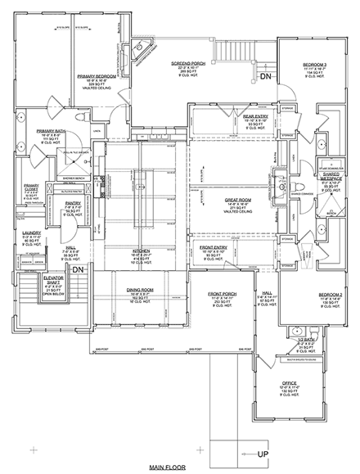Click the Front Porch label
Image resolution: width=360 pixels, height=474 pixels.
[x=223, y=295]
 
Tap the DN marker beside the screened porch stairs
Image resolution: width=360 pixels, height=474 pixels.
[x=265, y=76]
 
